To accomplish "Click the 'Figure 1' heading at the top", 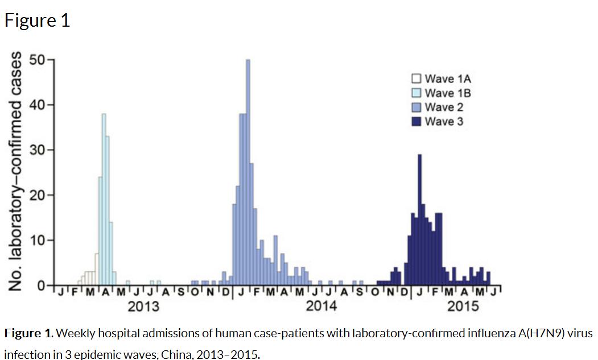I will (x=37, y=20).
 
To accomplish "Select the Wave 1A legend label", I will (x=448, y=78).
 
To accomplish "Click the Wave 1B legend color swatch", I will (x=416, y=93).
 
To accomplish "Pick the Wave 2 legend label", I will (x=444, y=107).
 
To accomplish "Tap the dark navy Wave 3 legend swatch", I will (x=416, y=121).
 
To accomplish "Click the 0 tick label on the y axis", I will (x=42, y=284).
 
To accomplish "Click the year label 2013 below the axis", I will (x=143, y=307).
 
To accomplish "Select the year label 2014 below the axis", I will (x=321, y=307).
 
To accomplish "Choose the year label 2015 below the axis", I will (x=463, y=307).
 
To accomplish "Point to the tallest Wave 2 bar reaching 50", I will (x=248, y=171).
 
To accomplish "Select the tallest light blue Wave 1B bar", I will (x=104, y=199).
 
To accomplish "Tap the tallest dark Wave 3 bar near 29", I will (x=419, y=219).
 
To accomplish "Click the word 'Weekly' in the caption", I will (x=75, y=333).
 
